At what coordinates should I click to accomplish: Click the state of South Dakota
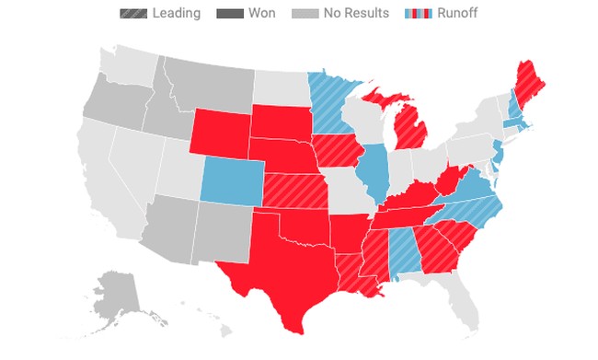coord(281,121)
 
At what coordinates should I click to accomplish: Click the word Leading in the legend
coord(177,13)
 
